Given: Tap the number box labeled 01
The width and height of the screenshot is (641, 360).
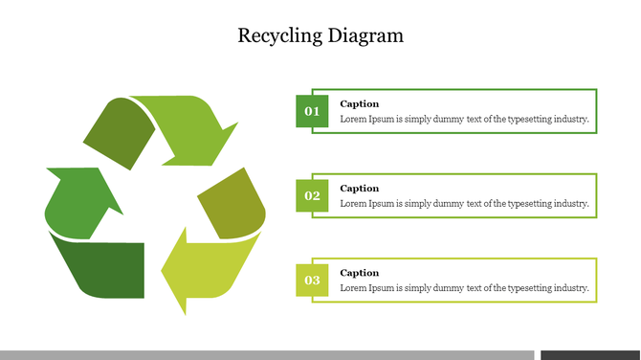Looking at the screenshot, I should (x=312, y=111).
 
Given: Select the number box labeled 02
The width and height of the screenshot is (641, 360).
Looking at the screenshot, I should (x=312, y=195).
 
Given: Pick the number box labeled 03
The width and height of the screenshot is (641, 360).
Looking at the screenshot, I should (x=312, y=280).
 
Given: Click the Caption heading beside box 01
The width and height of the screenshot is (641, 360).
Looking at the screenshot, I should (x=360, y=103).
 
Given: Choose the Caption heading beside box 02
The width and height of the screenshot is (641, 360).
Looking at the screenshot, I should (x=360, y=189).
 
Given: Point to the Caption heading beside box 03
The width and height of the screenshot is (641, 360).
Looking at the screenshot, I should (x=360, y=273).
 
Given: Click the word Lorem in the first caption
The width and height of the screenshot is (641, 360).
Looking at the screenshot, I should (x=354, y=120).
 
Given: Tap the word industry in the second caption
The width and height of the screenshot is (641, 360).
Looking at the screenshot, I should (x=569, y=204).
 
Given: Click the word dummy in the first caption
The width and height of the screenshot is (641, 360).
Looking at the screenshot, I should (x=446, y=120).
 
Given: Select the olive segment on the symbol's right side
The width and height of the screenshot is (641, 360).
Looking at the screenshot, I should (x=232, y=203).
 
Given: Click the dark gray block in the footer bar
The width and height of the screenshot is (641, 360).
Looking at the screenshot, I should (x=590, y=355).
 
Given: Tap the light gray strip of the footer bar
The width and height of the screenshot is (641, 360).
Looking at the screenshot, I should (x=267, y=355).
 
